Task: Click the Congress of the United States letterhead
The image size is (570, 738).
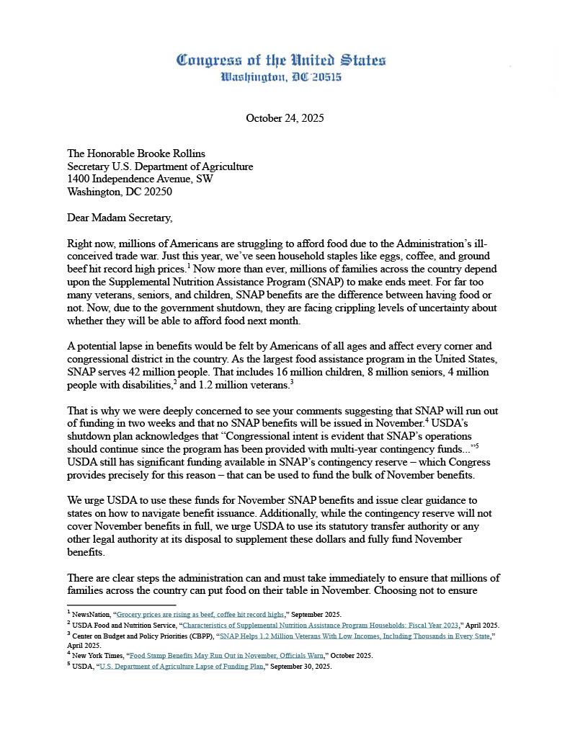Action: click(x=281, y=60)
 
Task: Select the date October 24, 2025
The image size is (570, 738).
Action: click(x=285, y=118)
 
